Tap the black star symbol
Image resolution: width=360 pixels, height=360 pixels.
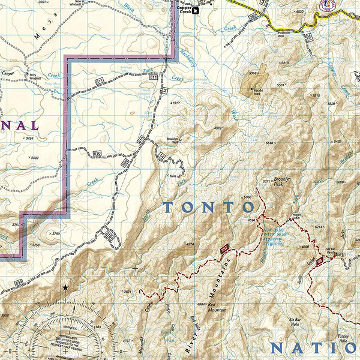click(65, 288)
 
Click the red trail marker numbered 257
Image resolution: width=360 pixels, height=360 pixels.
click(224, 250)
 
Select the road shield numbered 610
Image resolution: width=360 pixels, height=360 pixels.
click(97, 155)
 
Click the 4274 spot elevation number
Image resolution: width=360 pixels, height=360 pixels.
click(191, 244)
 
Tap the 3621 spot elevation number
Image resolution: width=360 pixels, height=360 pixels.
click(128, 292)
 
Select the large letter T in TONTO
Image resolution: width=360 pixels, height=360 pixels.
click(170, 208)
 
